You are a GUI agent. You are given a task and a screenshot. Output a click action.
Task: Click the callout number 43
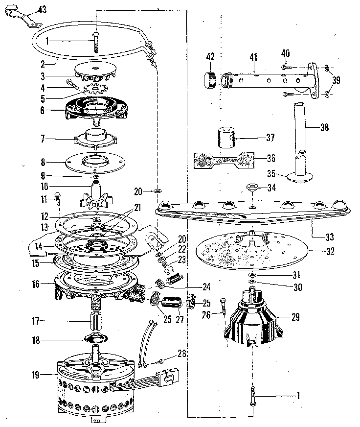pyautogui.click(x=43, y=10)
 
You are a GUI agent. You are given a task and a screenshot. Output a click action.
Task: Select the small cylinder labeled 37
pyautogui.click(x=226, y=138)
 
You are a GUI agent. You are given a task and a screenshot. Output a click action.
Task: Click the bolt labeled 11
pyautogui.click(x=57, y=199)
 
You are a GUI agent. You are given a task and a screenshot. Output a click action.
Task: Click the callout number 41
pyautogui.click(x=253, y=57)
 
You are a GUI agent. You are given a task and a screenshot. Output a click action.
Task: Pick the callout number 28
pyautogui.click(x=181, y=353)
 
